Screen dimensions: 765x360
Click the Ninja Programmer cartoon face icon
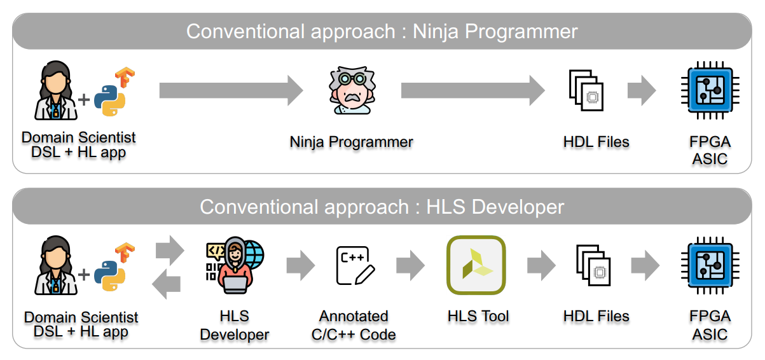(x=352, y=90)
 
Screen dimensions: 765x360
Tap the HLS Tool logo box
(x=476, y=265)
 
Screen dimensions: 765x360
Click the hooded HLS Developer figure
(x=235, y=265)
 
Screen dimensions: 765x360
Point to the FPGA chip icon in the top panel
(x=710, y=90)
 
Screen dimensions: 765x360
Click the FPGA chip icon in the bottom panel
(x=710, y=265)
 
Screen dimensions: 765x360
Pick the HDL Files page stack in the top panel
(x=586, y=90)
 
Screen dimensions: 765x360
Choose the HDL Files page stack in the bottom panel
(x=593, y=265)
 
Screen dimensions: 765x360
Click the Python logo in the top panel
(x=109, y=100)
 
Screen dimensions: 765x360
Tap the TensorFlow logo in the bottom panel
(x=125, y=252)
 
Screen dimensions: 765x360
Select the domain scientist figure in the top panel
(x=56, y=90)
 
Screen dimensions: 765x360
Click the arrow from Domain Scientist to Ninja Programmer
(x=231, y=90)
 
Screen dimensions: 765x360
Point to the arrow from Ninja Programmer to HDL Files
(x=473, y=90)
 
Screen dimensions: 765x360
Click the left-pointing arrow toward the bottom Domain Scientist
(x=167, y=284)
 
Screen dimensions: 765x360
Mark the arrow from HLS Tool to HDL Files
(x=542, y=265)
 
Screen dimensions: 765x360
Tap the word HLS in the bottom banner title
(x=446, y=207)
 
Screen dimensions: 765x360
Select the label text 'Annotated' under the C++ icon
(x=354, y=316)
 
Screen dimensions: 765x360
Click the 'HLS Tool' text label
(x=478, y=316)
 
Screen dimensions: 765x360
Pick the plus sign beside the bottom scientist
(x=84, y=275)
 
